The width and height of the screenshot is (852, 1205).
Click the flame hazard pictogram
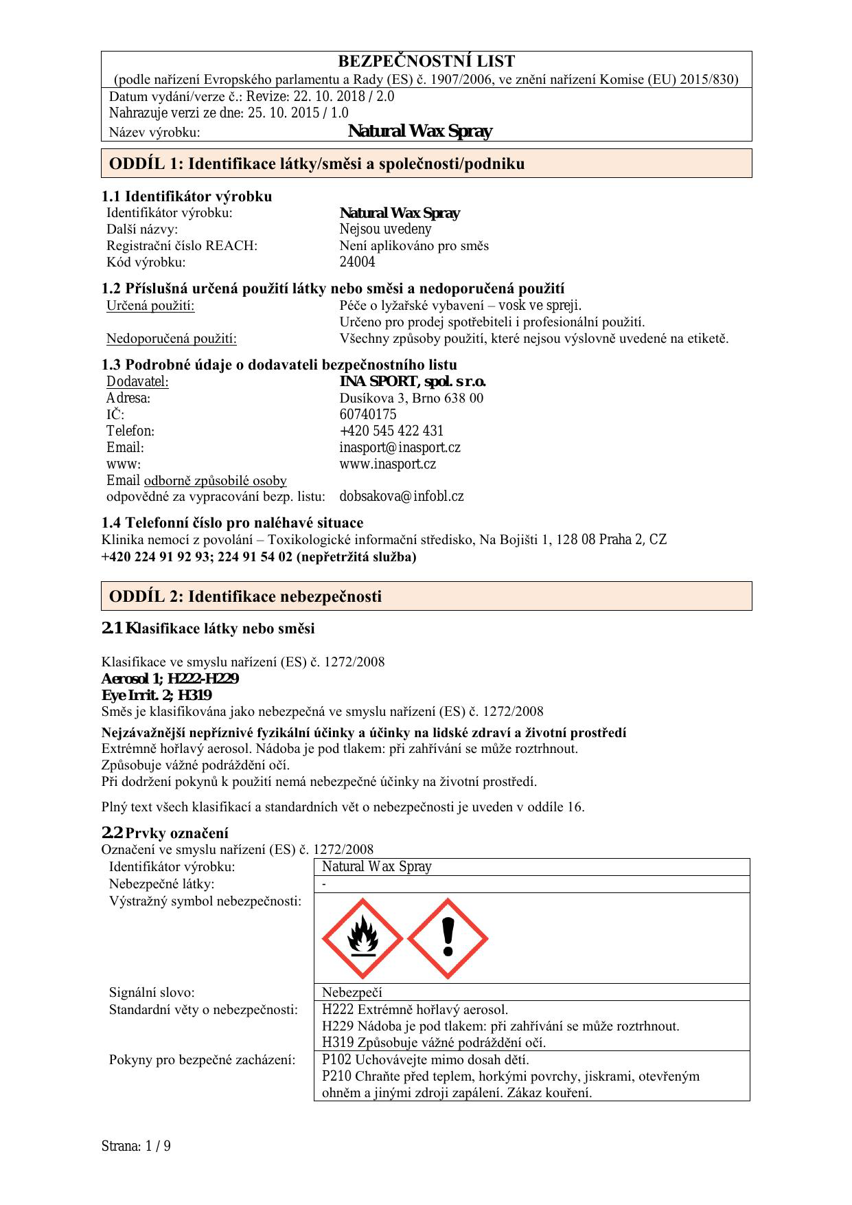point(362,938)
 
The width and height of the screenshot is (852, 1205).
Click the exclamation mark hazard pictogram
point(448,938)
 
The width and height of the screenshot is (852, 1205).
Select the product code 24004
point(358,262)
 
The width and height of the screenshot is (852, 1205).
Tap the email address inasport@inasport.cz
point(400,447)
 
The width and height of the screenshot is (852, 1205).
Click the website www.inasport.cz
point(388,464)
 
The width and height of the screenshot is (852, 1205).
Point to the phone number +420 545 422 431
point(391,431)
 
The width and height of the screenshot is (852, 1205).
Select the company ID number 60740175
point(368,414)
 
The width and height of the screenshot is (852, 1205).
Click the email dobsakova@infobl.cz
point(402,496)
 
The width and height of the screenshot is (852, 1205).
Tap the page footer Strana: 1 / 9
point(136,1146)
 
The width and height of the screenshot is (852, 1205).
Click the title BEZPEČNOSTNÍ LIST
point(426,61)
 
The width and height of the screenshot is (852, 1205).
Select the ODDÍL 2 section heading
point(245,596)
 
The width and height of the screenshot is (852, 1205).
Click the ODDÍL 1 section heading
point(316,164)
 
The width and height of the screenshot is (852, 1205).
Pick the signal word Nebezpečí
point(352,992)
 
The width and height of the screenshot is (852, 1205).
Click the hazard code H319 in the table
point(337,1042)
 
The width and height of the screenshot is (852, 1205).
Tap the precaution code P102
point(336,1059)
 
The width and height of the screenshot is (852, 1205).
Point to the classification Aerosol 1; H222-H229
point(170,679)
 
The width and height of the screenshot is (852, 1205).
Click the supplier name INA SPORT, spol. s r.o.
point(413,381)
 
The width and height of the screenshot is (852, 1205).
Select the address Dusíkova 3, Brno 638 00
point(411,398)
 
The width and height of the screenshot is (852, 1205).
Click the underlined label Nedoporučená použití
point(172,338)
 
